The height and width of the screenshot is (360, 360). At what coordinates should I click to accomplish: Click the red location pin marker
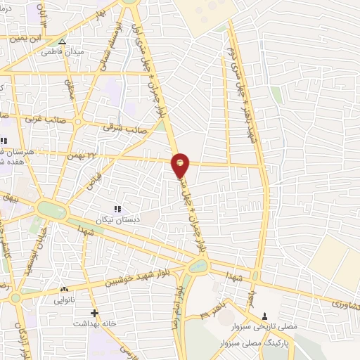click(x=181, y=163)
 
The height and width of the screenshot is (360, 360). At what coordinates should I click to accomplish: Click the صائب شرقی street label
click(x=117, y=127)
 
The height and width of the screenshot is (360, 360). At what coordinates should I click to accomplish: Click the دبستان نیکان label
click(x=117, y=219)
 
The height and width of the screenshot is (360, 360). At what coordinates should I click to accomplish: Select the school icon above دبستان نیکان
click(x=117, y=208)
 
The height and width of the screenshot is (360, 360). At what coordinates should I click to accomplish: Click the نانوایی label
click(x=64, y=299)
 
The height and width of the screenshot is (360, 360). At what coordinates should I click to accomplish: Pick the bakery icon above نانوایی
click(x=64, y=289)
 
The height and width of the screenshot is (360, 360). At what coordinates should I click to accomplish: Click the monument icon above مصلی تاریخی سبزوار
click(x=265, y=316)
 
